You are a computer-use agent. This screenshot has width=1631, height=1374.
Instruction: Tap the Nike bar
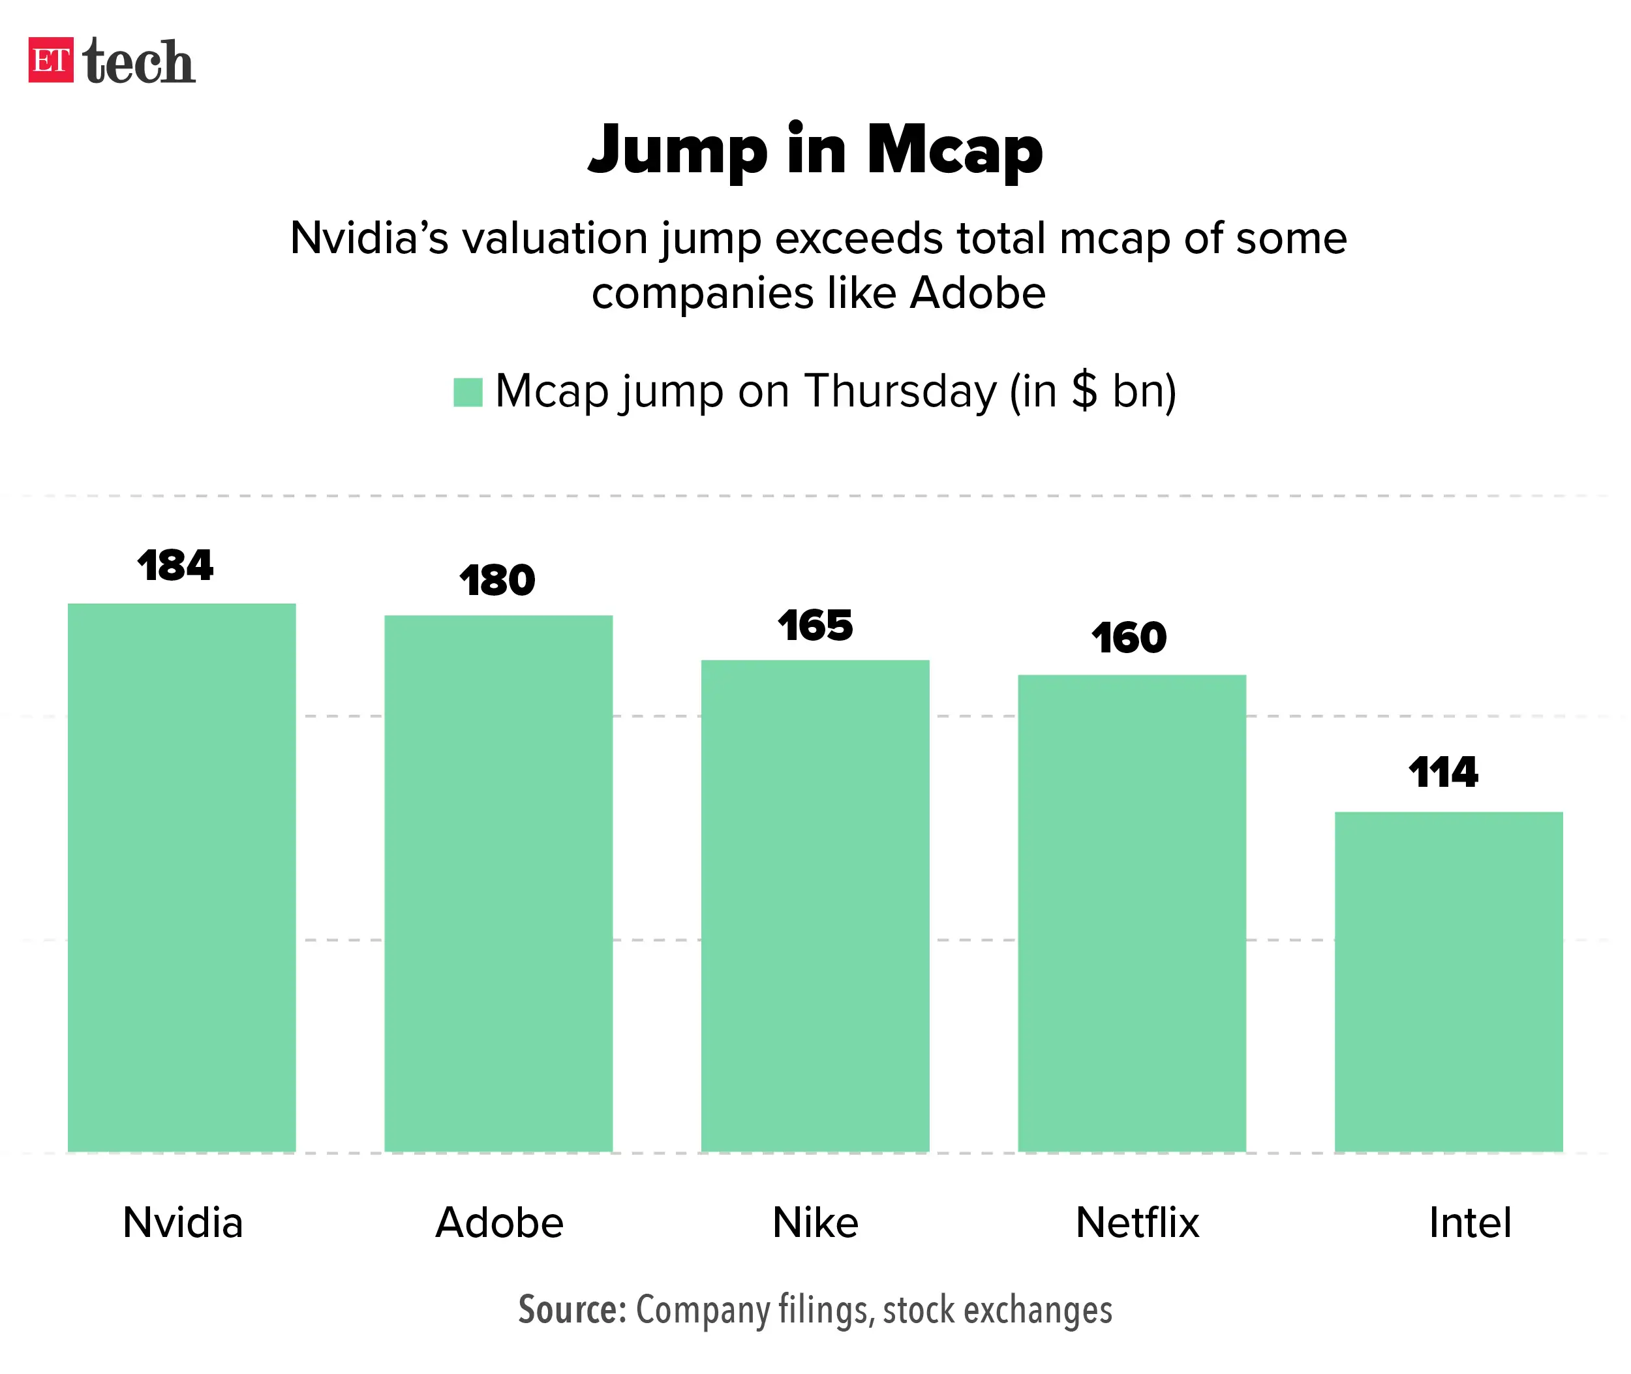pos(815,905)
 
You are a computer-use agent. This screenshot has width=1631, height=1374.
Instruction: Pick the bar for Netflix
pos(1132,912)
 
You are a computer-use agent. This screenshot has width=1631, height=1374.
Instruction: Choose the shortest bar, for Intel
pos(1449,981)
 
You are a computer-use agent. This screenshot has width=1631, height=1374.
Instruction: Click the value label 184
pos(175,566)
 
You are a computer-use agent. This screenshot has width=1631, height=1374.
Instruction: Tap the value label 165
pos(815,626)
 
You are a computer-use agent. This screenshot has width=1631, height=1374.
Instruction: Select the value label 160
pos(1129,639)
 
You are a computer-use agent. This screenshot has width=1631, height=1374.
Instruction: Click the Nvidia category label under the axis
pos(183,1223)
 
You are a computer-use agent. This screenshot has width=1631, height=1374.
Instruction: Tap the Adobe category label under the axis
pos(499,1223)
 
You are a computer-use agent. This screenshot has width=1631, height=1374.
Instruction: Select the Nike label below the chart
pos(815,1223)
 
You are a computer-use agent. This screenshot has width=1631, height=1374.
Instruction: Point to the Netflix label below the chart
pos(1136,1223)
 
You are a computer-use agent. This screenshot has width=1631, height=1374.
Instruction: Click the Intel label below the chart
pos(1470,1223)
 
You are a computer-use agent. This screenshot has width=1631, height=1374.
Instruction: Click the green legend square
pos(468,392)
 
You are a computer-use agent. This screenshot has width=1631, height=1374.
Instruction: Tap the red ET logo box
pos(51,60)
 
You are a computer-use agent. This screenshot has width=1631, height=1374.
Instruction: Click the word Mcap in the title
pos(954,149)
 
